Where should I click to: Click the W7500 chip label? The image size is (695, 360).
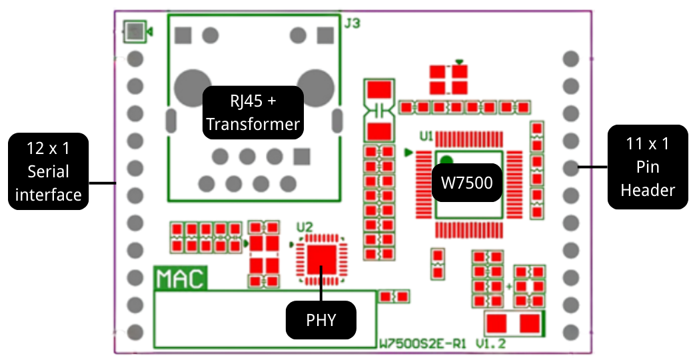coord(466,183)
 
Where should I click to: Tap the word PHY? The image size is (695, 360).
coord(321,320)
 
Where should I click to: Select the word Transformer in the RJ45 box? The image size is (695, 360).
coord(253,124)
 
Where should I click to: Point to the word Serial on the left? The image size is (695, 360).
coord(48,171)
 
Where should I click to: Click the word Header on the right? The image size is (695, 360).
coord(648,190)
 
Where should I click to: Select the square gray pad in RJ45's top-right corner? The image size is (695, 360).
coord(325,34)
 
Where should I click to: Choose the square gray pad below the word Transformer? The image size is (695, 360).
coord(302,157)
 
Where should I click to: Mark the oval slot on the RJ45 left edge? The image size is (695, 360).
coord(171,121)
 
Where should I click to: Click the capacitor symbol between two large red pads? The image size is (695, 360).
coord(379,108)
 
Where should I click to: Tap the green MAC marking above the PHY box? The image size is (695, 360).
coord(180,277)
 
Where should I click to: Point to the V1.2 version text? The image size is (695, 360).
coord(491,344)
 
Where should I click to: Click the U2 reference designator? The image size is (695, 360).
coord(304,227)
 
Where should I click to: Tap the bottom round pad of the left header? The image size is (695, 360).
coord(135,331)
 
